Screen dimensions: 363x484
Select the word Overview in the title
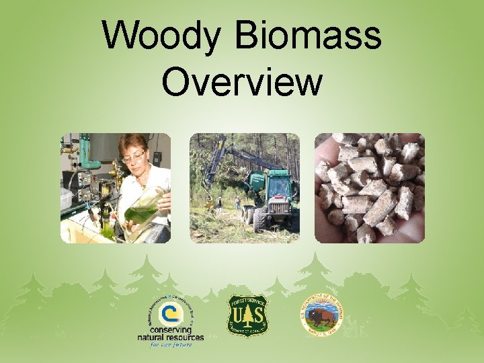242,81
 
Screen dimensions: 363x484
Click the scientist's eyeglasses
134,157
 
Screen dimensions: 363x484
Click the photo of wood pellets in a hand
369,188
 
